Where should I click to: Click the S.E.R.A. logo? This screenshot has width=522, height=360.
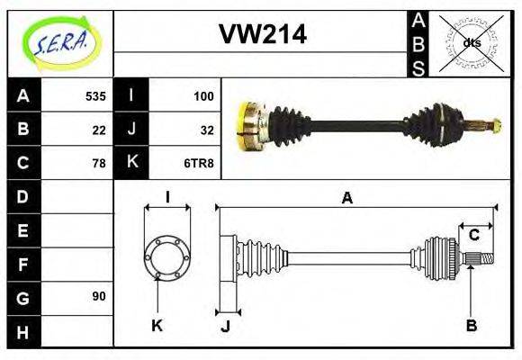(59, 42)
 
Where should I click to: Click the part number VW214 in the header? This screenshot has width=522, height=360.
(263, 35)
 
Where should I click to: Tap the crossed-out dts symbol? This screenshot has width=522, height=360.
(471, 43)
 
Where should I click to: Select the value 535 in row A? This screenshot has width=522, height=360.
(95, 95)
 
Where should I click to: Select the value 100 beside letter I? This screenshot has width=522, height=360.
(202, 95)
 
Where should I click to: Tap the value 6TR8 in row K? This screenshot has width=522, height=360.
(200, 163)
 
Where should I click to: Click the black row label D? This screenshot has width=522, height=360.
(23, 196)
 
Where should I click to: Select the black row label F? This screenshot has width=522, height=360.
(23, 264)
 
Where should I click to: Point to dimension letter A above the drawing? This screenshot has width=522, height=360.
(346, 197)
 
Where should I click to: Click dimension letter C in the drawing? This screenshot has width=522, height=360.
(473, 236)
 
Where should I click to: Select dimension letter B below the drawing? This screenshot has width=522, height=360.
(471, 325)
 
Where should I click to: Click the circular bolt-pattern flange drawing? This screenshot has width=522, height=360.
(167, 256)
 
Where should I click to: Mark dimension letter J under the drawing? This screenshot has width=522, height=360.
(225, 325)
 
